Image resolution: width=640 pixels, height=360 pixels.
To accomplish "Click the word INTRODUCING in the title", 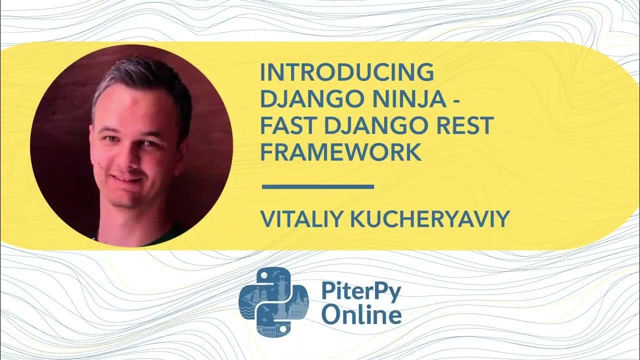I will pos(346,73).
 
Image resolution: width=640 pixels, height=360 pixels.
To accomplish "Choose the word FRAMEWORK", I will pos(341,153).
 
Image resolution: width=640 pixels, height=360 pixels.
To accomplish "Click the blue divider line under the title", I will pos(318,187).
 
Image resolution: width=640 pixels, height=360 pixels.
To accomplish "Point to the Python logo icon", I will pos(273,301).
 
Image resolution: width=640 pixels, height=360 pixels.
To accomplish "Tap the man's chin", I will pos(122,200).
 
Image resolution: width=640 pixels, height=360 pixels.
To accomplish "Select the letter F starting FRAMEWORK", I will pos(266,153).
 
